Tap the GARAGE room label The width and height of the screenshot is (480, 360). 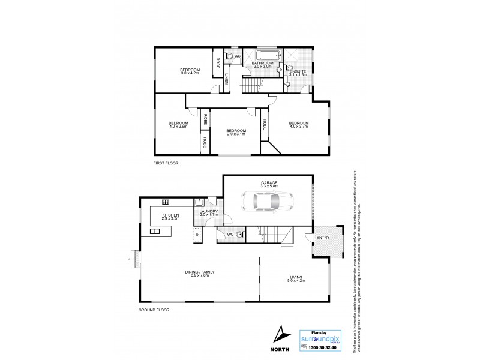click(x=268, y=182)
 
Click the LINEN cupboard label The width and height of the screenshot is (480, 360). click(x=227, y=79)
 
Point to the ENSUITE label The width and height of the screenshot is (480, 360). click(x=298, y=72)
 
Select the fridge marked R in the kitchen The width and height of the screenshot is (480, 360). click(x=196, y=235)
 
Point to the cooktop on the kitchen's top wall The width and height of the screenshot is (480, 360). click(x=165, y=202)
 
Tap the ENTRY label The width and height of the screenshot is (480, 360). click(x=323, y=239)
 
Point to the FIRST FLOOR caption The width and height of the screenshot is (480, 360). click(x=166, y=163)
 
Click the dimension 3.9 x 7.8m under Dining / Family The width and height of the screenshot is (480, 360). click(x=200, y=275)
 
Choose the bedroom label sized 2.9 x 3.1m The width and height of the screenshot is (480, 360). click(x=236, y=133)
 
